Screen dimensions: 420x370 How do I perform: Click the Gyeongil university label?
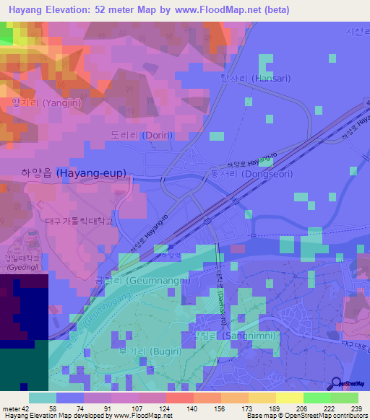(14, 263)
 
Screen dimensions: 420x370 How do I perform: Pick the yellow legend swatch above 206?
(290, 398)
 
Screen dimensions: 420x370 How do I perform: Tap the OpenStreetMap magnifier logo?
(336, 384)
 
